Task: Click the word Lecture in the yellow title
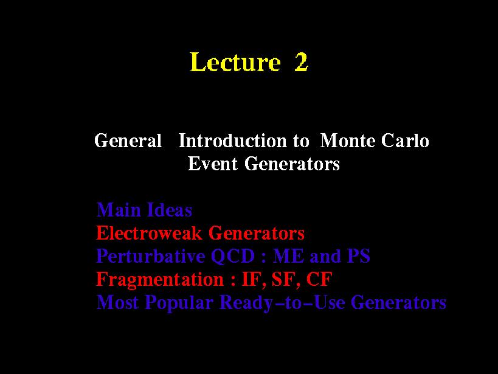point(235,61)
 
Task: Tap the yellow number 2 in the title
point(301,61)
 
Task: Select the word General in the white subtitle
point(128,140)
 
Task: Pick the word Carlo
point(405,140)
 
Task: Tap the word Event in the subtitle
point(212,164)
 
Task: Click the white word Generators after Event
point(292,164)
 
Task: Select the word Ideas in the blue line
point(169,210)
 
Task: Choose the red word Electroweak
point(149,233)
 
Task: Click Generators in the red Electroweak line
point(257,233)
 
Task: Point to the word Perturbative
point(150,256)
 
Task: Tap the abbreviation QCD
point(233,256)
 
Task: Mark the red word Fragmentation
point(160,280)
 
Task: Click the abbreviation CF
point(319,279)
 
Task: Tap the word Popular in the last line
point(179,302)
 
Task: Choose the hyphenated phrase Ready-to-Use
point(282,302)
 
